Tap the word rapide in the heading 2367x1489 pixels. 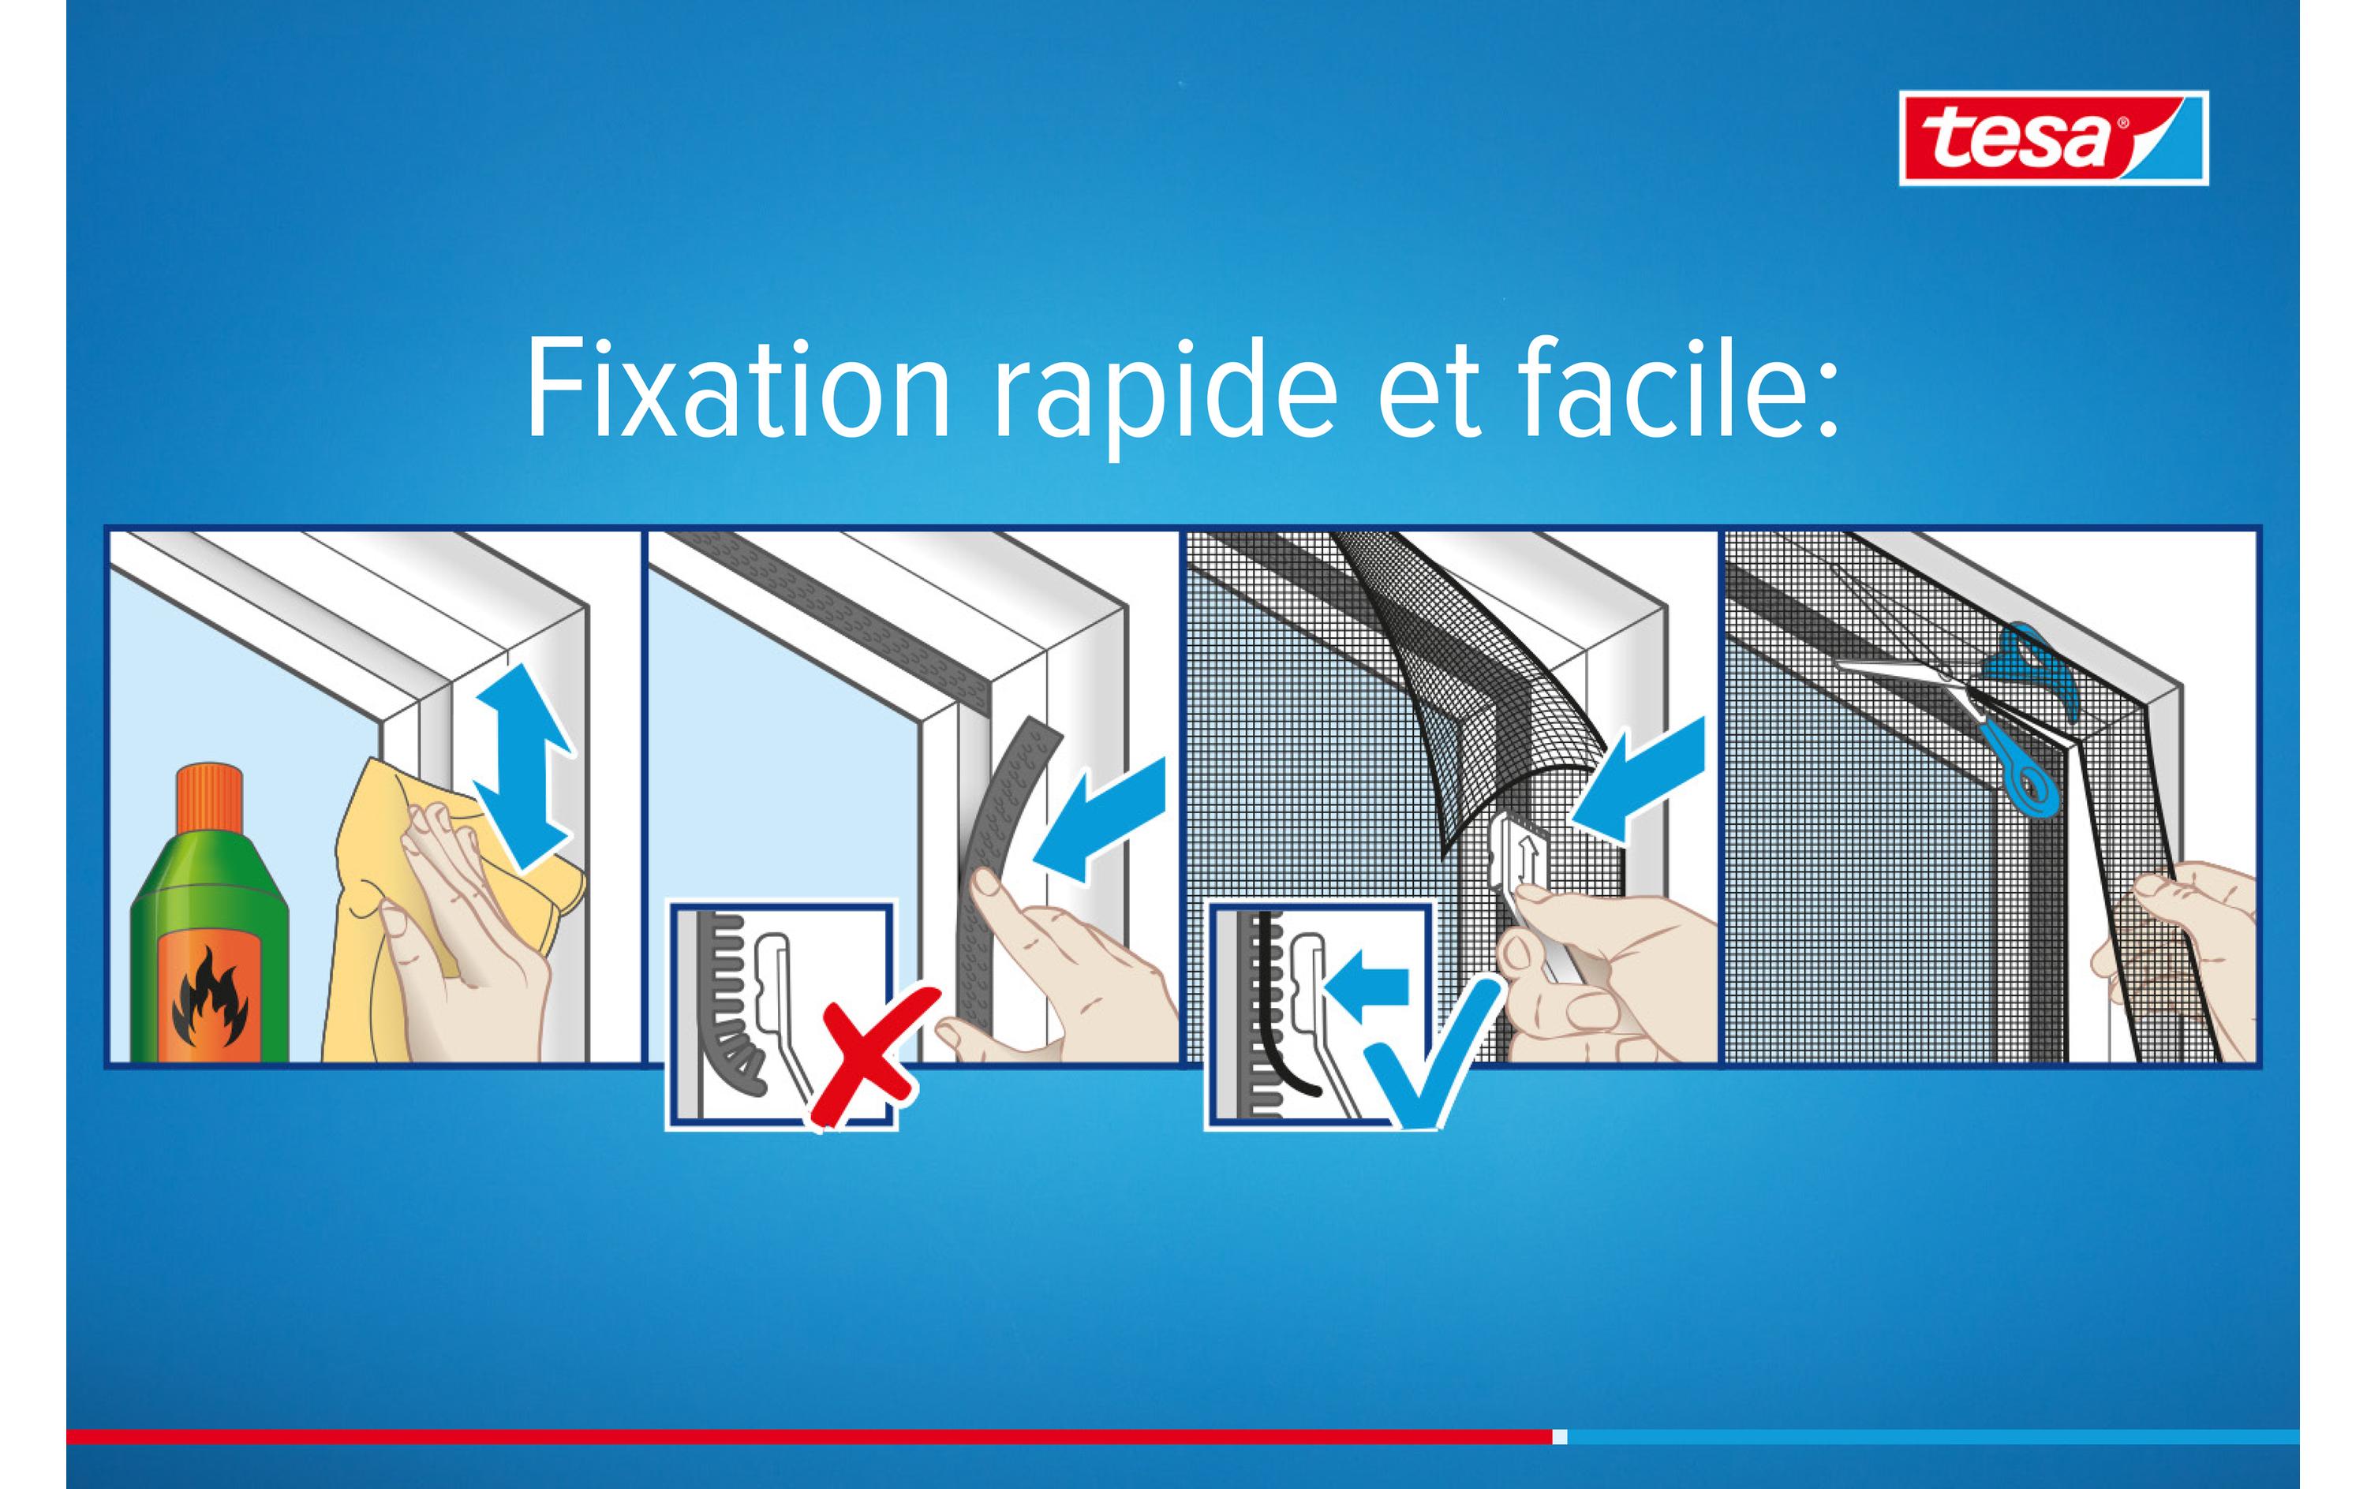(x=1166, y=397)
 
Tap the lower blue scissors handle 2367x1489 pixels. (x=2025, y=770)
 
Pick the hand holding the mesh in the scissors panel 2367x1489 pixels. (x=2172, y=961)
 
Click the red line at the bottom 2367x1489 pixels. (x=809, y=1437)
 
